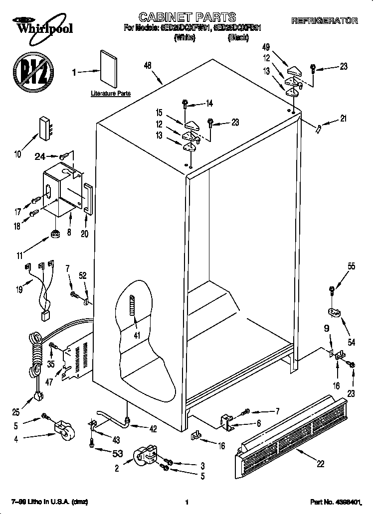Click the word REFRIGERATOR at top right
tap(324, 21)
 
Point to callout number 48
tap(148, 65)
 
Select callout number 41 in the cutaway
tap(136, 335)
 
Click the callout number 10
tap(17, 154)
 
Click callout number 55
tap(352, 266)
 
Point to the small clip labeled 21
tap(318, 128)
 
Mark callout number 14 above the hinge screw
tap(209, 104)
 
